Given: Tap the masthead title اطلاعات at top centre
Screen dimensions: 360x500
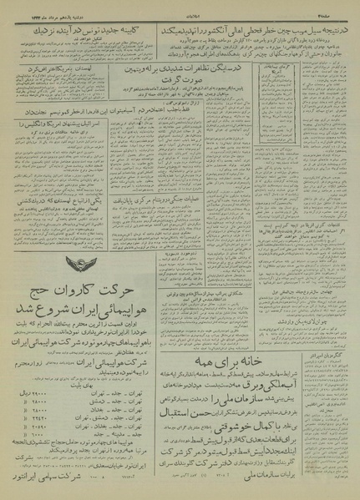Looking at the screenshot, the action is point(179,11).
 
